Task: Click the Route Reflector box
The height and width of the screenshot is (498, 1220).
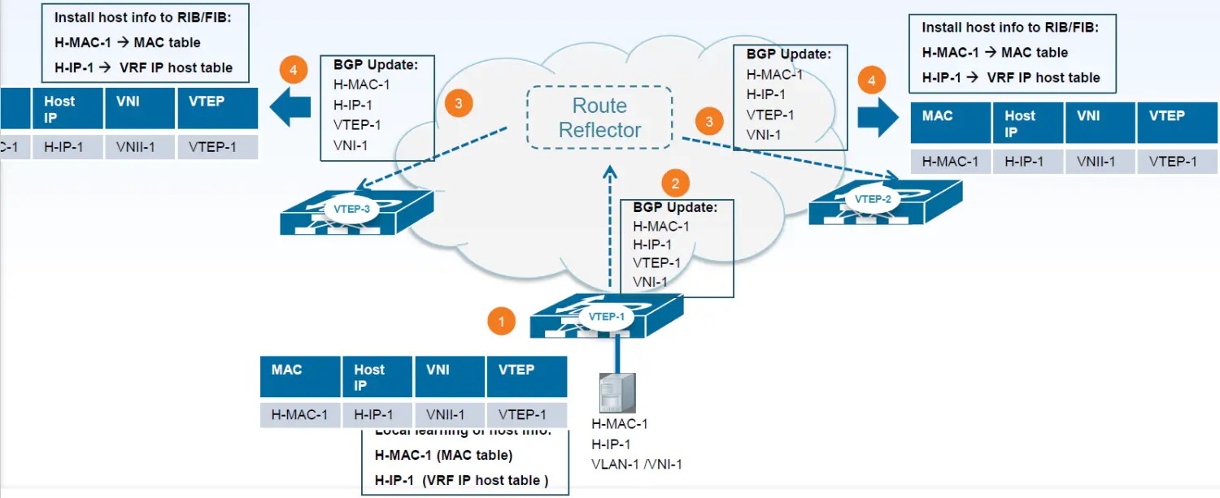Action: (599, 118)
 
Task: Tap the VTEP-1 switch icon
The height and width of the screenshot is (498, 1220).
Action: (606, 316)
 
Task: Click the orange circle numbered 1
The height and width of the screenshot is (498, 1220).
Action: (501, 321)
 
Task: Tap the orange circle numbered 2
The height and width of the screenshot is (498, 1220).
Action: (675, 182)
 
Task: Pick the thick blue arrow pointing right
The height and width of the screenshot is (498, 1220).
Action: (878, 116)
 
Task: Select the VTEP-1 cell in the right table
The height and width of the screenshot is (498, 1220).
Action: (1172, 161)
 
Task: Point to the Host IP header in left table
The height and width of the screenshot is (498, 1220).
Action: (68, 109)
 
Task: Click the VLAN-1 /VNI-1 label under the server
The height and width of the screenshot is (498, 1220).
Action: (636, 464)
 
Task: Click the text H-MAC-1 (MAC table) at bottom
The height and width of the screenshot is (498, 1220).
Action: (443, 455)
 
